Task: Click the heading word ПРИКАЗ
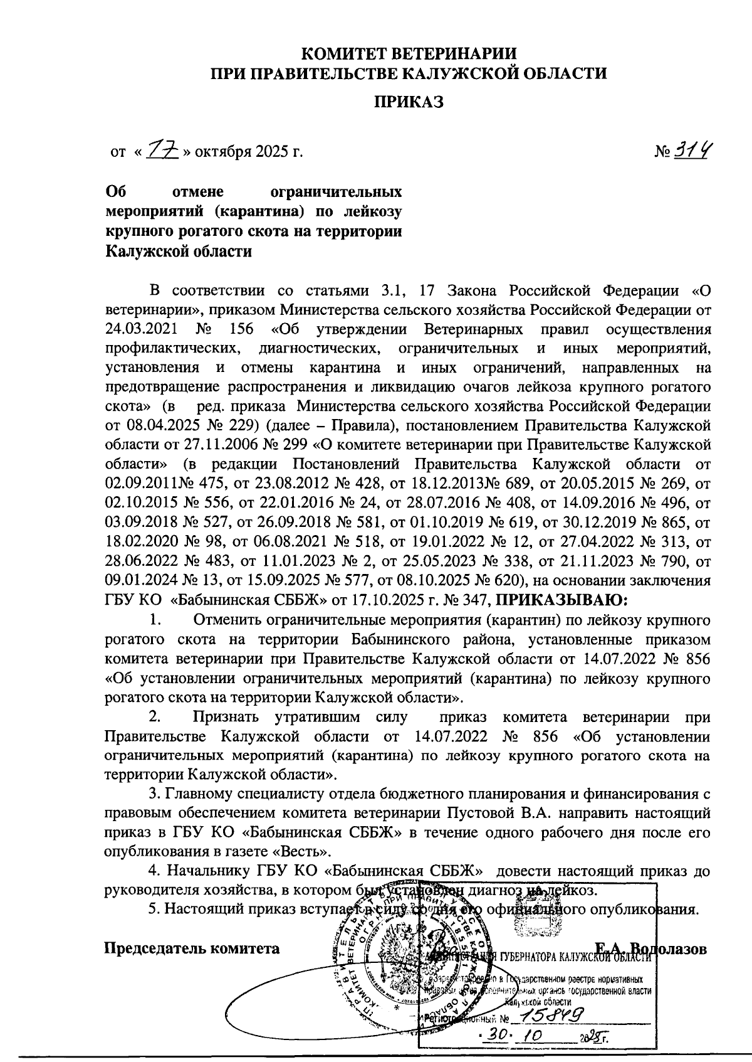pos(409,102)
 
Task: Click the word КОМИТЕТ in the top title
pos(352,52)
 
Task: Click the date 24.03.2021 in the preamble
pos(140,329)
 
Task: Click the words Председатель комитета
pos(191,948)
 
